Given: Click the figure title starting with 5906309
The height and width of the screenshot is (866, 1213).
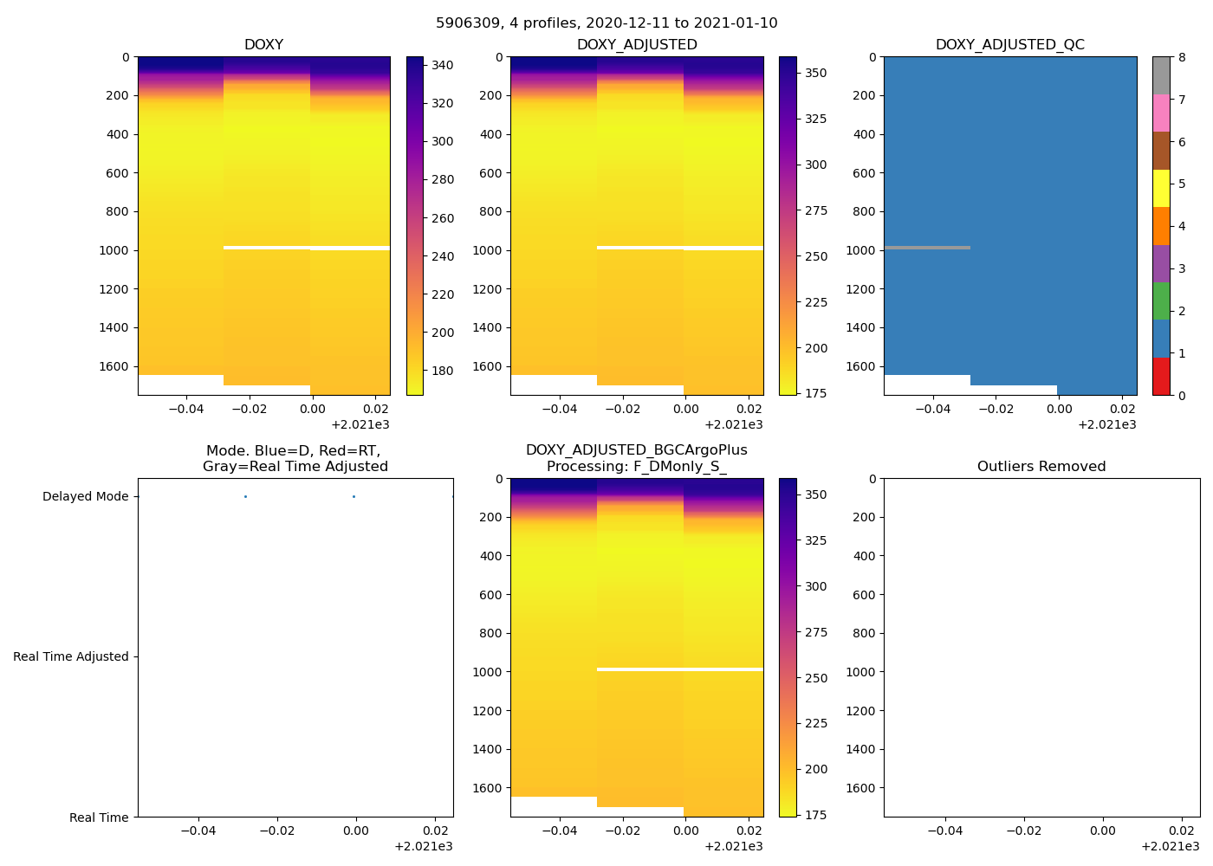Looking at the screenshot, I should coord(606,23).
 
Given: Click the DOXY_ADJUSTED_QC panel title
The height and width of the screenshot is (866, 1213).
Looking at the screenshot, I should coord(1009,45).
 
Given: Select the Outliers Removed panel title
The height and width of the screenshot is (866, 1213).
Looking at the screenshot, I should coord(1041,467).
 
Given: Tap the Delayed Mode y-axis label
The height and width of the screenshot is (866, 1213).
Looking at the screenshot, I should coord(85,496).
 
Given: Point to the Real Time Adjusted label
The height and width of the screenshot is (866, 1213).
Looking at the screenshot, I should coord(71,656).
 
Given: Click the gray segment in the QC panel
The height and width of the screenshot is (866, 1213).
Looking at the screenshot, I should coord(927,248).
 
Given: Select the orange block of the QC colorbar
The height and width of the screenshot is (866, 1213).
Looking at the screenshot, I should coord(1161,226).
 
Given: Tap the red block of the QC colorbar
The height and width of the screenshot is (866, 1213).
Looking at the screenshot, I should coord(1161,377).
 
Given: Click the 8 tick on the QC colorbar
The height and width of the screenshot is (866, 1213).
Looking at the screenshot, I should coord(1182,57).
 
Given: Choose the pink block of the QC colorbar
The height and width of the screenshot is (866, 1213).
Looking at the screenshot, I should coord(1161,113).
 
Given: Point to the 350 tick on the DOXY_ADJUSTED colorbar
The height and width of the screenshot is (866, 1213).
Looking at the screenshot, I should coord(815,73).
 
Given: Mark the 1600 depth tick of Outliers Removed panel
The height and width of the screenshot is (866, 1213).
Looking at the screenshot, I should coord(863,788).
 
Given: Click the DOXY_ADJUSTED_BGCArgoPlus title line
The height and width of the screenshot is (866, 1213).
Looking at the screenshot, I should coord(636,450).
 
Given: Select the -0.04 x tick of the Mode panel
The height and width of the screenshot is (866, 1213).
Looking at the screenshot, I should coord(198,830).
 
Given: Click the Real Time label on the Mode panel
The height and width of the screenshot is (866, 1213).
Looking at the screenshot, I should coord(99,818).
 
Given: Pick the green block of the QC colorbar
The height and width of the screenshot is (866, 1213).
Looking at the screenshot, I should coord(1161,301).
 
